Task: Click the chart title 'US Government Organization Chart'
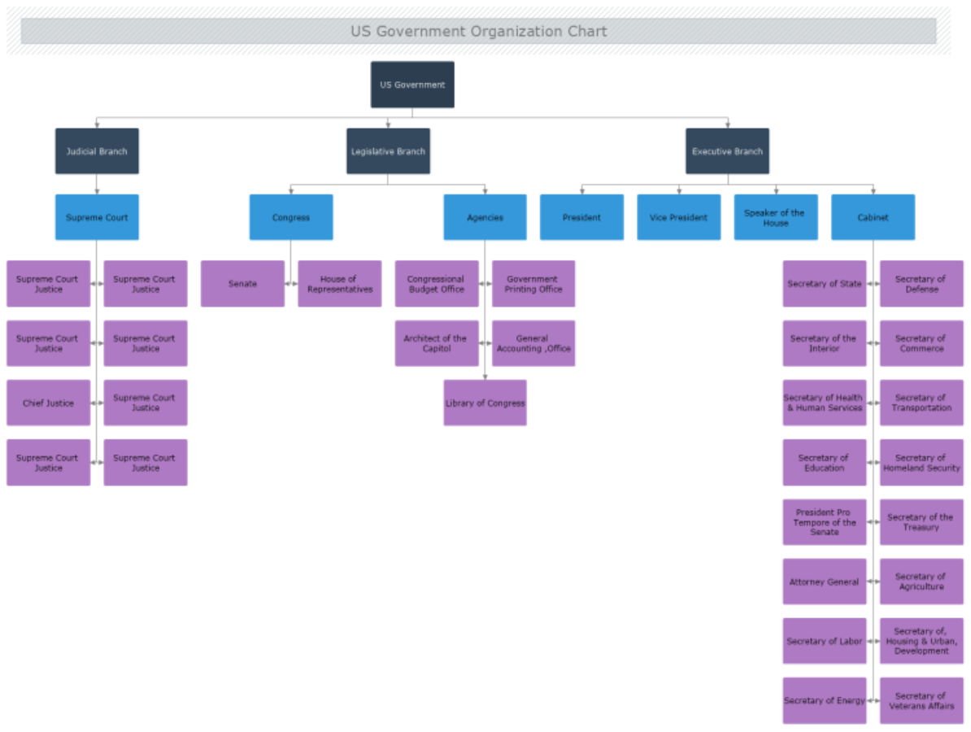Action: pos(478,32)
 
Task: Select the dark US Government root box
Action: pos(412,85)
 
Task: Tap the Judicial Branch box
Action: pos(97,151)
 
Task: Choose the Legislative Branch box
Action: pos(388,151)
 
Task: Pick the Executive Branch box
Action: pos(727,151)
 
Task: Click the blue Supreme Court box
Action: pos(97,217)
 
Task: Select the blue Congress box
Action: pos(291,217)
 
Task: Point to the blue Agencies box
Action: pos(485,217)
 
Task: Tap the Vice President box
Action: pos(678,217)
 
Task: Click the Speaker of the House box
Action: pos(775,217)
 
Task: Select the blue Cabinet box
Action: pos(873,217)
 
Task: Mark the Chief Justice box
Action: pos(48,403)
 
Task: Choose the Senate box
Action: pos(242,284)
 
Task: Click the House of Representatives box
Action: pos(339,284)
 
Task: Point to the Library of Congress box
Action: pos(485,403)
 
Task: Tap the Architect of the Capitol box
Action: pos(436,343)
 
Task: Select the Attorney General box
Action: pos(824,582)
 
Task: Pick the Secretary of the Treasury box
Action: pos(921,522)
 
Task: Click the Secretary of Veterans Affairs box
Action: pos(921,700)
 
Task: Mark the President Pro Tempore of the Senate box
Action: pos(824,522)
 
